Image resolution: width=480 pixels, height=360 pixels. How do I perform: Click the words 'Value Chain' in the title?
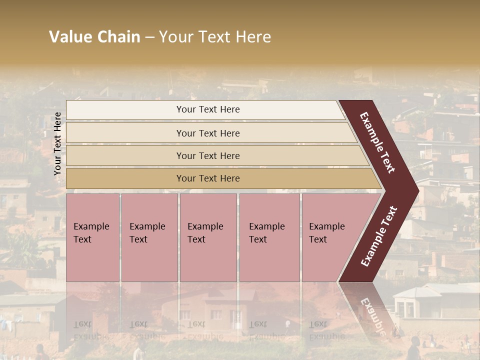tap(94, 37)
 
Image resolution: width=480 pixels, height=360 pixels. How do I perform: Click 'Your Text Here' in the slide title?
tap(215, 37)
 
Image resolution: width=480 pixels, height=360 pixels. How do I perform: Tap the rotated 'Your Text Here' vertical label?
tap(58, 143)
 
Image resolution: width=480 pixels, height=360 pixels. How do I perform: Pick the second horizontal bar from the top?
tap(208, 133)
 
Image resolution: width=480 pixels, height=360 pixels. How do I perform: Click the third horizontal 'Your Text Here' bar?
tap(208, 156)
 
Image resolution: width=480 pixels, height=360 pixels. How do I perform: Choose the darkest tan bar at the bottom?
tap(208, 178)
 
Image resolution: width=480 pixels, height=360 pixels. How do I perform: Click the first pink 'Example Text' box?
tap(93, 237)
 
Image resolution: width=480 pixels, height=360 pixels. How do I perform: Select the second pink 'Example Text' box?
tap(149, 237)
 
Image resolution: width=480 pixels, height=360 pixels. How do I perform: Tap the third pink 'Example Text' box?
tap(208, 237)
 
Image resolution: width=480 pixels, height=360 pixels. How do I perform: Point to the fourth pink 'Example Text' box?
tap(269, 237)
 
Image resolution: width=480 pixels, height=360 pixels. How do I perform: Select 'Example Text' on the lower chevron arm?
tap(379, 236)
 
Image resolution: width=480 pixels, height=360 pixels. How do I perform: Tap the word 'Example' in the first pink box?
tap(91, 226)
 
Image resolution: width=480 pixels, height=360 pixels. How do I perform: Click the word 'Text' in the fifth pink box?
tap(318, 239)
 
